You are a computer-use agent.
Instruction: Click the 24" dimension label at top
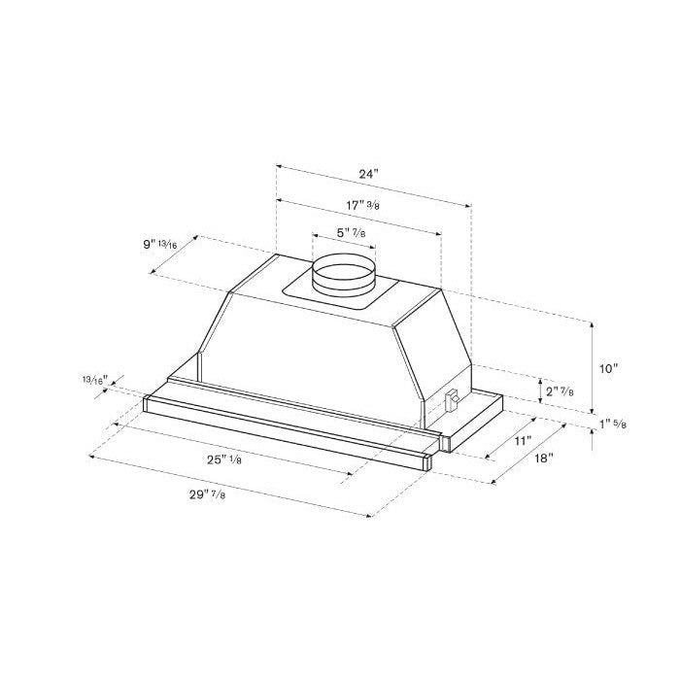click(x=366, y=174)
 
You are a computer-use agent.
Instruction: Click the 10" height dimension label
click(x=609, y=369)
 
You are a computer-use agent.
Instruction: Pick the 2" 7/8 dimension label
click(x=561, y=391)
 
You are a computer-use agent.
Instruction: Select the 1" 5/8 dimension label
click(x=613, y=425)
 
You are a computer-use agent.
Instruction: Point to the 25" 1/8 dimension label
click(x=222, y=459)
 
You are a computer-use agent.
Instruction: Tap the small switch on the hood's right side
click(x=453, y=398)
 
